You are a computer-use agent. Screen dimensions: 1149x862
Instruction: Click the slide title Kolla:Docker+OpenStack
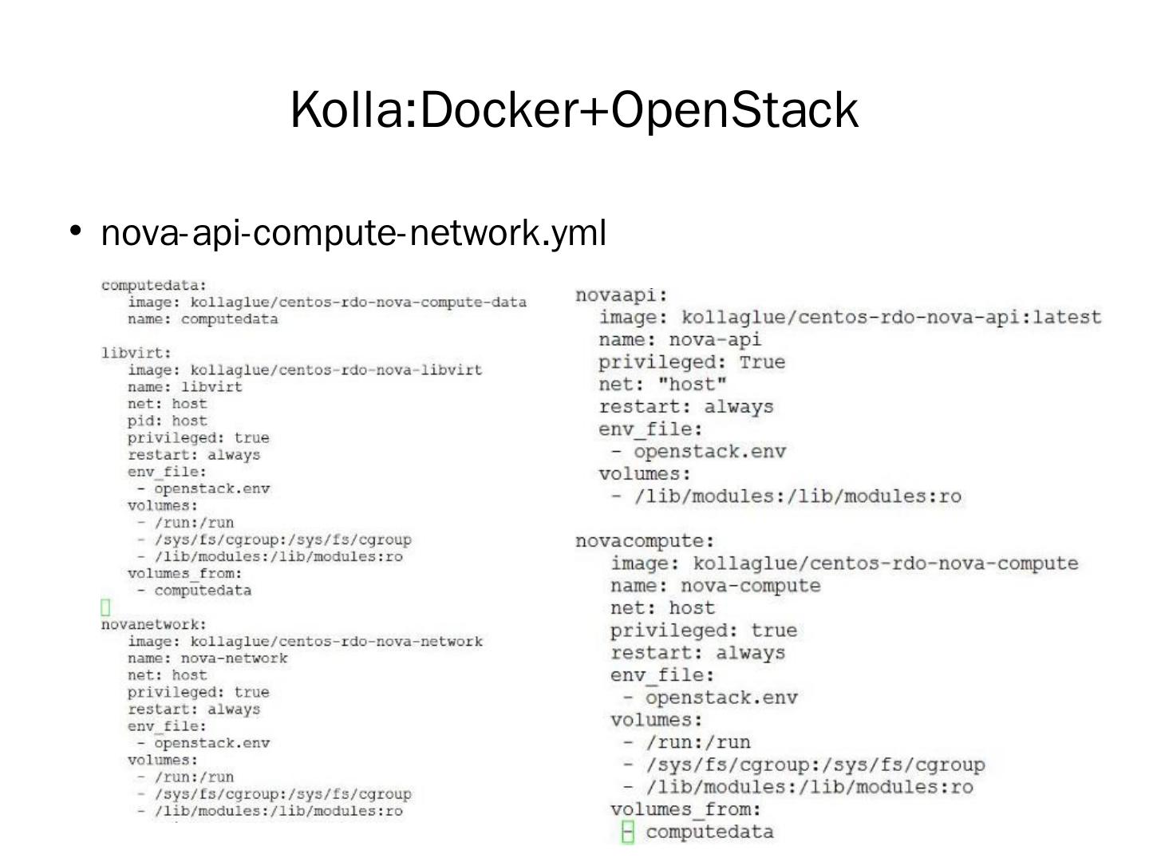point(574,110)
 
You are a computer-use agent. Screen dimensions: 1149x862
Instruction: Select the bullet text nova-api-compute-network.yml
point(353,233)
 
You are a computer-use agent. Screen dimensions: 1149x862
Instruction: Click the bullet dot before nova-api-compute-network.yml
point(76,231)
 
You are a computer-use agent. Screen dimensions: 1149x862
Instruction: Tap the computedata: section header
point(153,285)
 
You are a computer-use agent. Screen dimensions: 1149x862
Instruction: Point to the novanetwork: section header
point(153,624)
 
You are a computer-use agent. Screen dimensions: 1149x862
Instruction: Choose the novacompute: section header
point(645,541)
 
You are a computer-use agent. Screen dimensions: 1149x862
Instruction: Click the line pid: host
point(167,421)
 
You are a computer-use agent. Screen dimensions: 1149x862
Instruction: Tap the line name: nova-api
point(680,340)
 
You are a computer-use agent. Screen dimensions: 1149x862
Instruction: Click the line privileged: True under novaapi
point(692,362)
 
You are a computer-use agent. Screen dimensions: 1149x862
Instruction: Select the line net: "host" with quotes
point(663,385)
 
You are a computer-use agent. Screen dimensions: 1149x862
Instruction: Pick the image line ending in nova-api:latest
point(850,318)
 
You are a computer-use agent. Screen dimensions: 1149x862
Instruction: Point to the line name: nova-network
point(207,658)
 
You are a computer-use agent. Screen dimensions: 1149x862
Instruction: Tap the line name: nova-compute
point(715,586)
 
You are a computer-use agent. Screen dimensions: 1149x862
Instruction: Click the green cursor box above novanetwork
point(105,608)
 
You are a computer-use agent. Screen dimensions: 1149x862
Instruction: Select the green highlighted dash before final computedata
point(628,832)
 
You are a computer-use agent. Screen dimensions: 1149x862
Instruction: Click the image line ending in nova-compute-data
point(327,302)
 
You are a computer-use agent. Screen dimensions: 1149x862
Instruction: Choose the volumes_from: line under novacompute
point(686,809)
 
